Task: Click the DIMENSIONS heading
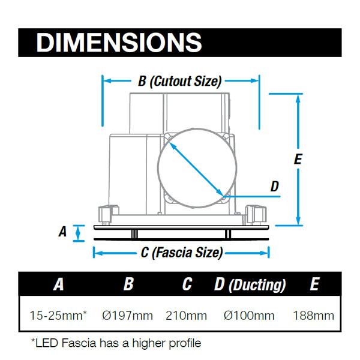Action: [x=119, y=43]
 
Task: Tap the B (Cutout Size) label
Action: [x=180, y=81]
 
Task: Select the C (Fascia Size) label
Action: [x=182, y=253]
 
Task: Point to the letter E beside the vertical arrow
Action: [x=298, y=158]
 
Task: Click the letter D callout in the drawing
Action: [x=275, y=187]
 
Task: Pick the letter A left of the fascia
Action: [x=62, y=231]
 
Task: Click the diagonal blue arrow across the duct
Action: [x=196, y=169]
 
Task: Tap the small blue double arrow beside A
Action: [x=78, y=233]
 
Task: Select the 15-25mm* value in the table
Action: [x=58, y=315]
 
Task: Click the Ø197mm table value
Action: [x=127, y=316]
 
